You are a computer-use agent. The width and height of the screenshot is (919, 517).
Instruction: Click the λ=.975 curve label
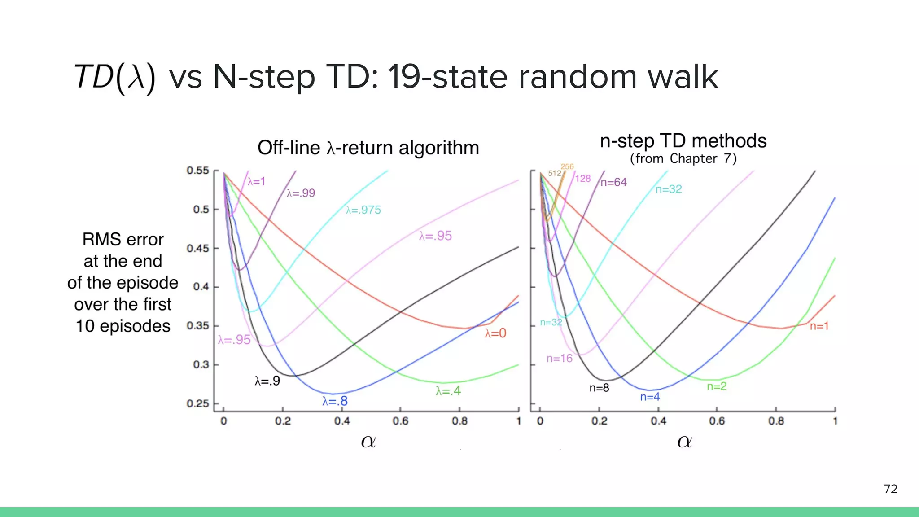click(x=363, y=210)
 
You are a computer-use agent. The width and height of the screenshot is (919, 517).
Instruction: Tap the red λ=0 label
click(x=495, y=333)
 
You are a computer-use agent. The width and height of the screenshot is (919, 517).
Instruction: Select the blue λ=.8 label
click(x=335, y=401)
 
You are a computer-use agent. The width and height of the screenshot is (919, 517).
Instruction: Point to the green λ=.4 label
click(x=448, y=391)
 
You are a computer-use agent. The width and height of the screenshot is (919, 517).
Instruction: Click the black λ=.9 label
click(x=267, y=381)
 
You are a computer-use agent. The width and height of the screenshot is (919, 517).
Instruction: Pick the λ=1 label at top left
click(x=257, y=181)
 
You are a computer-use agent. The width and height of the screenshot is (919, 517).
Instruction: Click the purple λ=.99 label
click(x=301, y=193)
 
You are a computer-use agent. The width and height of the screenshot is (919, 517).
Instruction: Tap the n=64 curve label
click(x=613, y=182)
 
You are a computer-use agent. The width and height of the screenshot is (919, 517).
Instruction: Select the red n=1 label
click(x=819, y=326)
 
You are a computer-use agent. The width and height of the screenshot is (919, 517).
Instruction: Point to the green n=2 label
click(x=717, y=386)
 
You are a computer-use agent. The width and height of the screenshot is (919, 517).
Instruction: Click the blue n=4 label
click(x=650, y=397)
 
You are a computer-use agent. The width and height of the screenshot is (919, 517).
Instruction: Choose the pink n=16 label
click(x=560, y=358)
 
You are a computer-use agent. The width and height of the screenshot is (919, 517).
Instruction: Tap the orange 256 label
click(x=567, y=166)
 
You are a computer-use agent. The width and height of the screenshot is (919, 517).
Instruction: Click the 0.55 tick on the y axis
click(x=198, y=171)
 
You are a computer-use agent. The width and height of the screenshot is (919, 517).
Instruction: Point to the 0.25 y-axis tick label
click(x=198, y=403)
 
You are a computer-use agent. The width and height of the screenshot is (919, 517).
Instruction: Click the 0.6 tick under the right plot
click(x=717, y=421)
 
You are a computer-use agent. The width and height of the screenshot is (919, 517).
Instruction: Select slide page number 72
click(x=891, y=489)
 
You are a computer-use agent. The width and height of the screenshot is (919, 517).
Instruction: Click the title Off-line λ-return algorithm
click(x=368, y=148)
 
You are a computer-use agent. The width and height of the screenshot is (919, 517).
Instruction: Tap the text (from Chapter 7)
click(x=683, y=158)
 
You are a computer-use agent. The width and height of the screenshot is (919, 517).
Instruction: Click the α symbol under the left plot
click(x=368, y=442)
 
